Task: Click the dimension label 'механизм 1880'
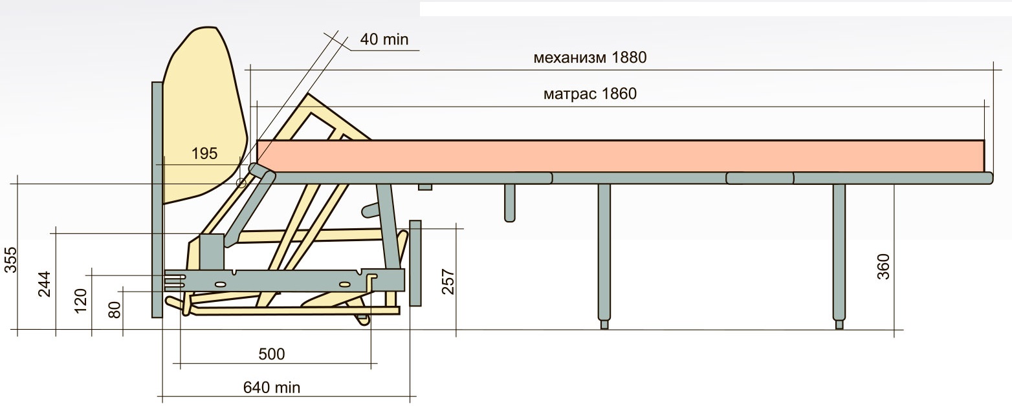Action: coord(589,58)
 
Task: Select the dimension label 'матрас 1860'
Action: coord(589,94)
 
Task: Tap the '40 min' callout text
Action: coord(384,39)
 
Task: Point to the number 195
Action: coord(204,154)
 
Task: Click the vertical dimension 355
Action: coord(10,260)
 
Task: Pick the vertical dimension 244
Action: coord(44,284)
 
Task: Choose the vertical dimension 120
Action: coord(80,301)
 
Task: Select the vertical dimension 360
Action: coord(883,266)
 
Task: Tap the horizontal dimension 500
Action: coord(272,354)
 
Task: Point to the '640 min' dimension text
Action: coord(272,387)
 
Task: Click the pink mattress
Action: coord(621,156)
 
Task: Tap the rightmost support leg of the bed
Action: coord(839,255)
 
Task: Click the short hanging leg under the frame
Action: coord(509,202)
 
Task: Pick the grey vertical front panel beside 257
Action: coord(415,264)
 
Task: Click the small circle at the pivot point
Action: coord(242,183)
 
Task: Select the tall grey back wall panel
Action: coord(157,200)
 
